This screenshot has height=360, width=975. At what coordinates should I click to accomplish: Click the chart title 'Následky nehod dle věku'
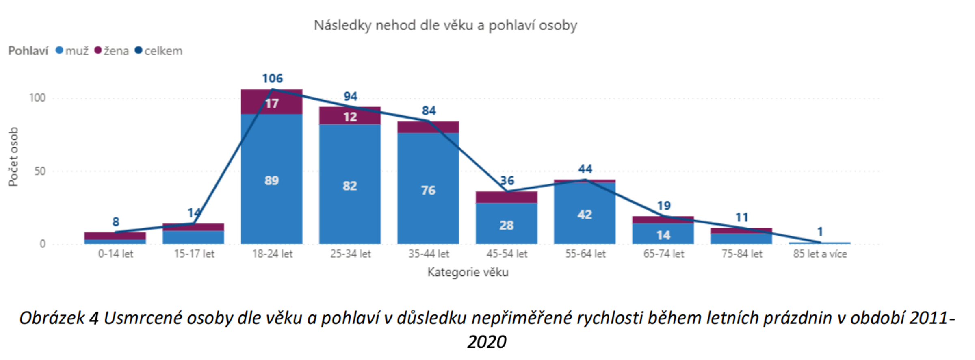[445, 26]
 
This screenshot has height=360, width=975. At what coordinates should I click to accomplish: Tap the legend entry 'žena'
[112, 51]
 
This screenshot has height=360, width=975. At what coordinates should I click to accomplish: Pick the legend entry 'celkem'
[159, 51]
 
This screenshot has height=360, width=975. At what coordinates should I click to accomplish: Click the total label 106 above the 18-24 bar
[272, 78]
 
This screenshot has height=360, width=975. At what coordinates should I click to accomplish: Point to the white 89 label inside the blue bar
[272, 180]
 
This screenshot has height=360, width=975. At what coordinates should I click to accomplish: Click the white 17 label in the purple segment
[272, 104]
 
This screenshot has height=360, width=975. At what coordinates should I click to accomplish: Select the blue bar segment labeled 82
[350, 186]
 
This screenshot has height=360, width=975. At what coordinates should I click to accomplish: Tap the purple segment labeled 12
[350, 117]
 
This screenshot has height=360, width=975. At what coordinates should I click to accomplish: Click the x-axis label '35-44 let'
[429, 254]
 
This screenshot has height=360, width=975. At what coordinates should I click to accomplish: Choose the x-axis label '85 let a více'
[820, 254]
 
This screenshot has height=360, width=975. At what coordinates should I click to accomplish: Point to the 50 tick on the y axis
[40, 171]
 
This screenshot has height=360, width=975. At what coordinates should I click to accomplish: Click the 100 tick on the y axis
[37, 98]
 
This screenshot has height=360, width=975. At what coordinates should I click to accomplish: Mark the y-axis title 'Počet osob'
[13, 156]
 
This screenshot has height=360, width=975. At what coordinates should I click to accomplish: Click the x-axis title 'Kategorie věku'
[468, 272]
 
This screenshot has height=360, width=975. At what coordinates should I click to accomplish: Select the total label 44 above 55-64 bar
[585, 169]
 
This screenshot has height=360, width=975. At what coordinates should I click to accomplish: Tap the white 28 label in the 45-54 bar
[507, 225]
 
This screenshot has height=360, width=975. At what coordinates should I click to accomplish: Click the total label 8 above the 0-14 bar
[116, 222]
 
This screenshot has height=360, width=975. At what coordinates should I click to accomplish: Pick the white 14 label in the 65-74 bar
[663, 235]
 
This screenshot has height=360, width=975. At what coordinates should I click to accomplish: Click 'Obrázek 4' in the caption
[59, 318]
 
